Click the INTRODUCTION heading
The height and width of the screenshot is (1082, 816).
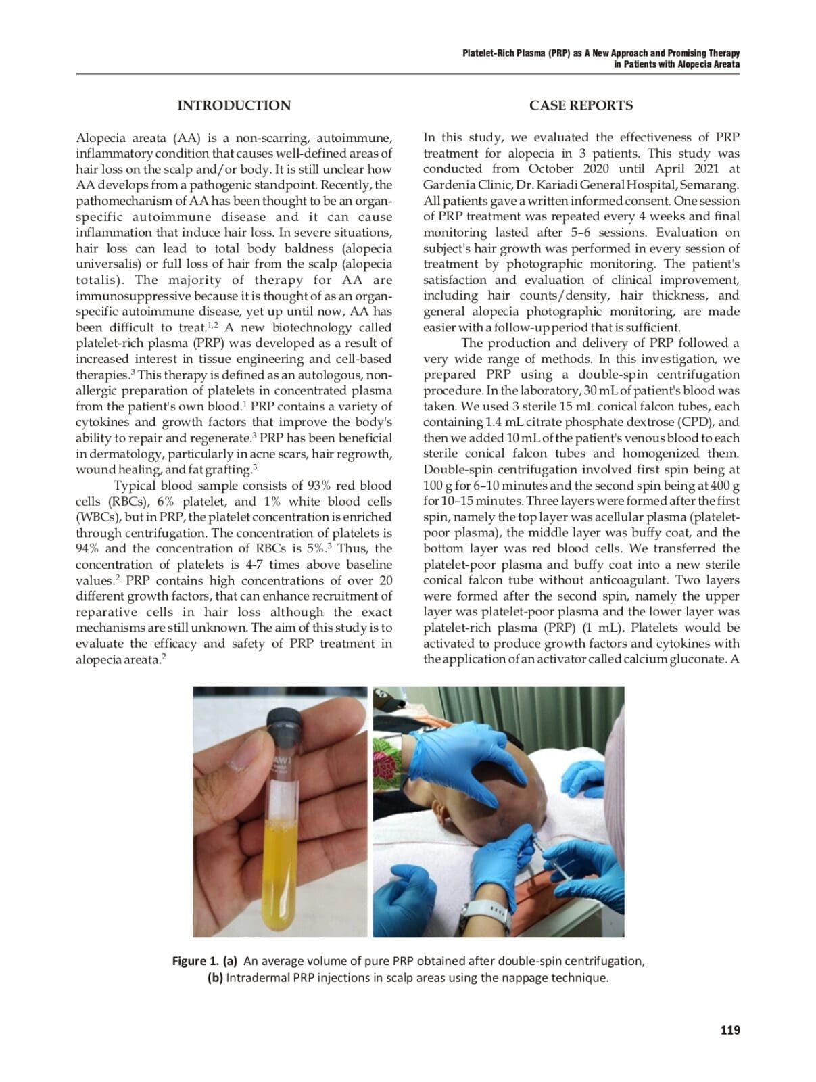pos(233,105)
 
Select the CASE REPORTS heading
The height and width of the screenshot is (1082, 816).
pos(581,105)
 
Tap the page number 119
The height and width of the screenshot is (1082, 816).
pos(730,1030)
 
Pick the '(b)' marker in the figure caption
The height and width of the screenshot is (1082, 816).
pos(215,978)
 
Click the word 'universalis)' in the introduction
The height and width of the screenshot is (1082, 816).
pos(107,264)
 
